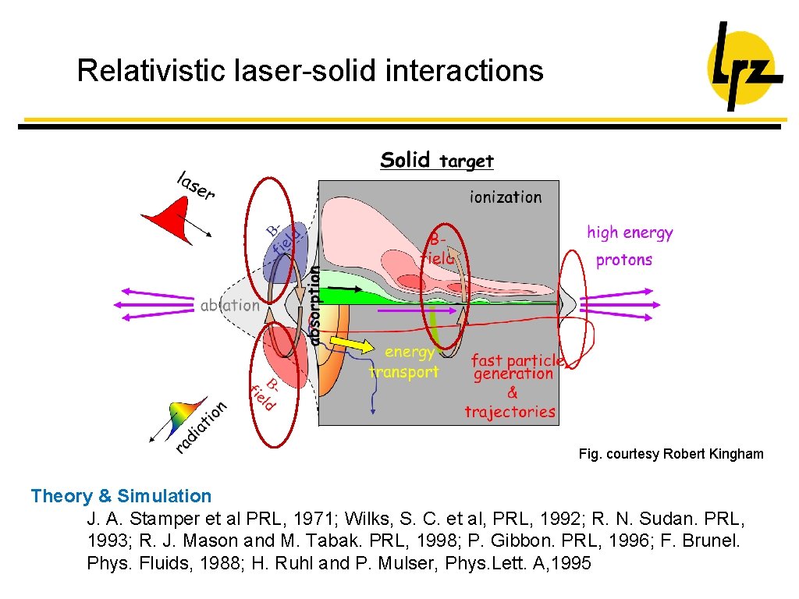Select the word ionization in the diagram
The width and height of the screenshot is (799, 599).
(505, 197)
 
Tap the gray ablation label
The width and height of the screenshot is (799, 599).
(229, 305)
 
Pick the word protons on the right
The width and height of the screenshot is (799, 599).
(623, 261)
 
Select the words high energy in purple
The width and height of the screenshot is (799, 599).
(630, 232)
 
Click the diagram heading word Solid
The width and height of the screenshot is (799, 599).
(405, 161)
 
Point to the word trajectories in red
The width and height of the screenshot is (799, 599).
(510, 412)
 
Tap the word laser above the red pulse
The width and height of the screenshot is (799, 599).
(195, 186)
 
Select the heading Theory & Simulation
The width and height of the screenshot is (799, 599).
(121, 496)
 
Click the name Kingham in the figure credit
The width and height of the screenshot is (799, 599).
(735, 454)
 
